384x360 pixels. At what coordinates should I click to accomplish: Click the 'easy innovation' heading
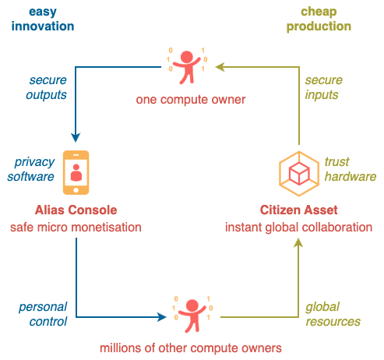pyautogui.click(x=43, y=19)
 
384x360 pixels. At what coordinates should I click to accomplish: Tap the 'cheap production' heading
pyautogui.click(x=319, y=19)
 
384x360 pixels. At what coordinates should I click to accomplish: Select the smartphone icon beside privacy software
pyautogui.click(x=76, y=172)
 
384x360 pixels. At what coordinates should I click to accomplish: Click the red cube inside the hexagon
pyautogui.click(x=299, y=174)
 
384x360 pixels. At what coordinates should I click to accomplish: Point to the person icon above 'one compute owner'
pyautogui.click(x=187, y=67)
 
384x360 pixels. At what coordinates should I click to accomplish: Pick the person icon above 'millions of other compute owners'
pyautogui.click(x=192, y=316)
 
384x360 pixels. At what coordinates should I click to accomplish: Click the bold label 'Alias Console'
pyautogui.click(x=76, y=210)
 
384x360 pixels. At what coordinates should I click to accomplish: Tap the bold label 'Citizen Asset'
pyautogui.click(x=299, y=210)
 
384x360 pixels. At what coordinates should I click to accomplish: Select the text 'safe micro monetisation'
pyautogui.click(x=76, y=228)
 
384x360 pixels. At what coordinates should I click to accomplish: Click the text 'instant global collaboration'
pyautogui.click(x=299, y=228)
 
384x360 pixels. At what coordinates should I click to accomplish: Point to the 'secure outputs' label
pyautogui.click(x=47, y=87)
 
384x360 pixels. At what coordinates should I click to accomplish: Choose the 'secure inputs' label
pyautogui.click(x=323, y=87)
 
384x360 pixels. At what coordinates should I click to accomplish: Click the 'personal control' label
pyautogui.click(x=43, y=314)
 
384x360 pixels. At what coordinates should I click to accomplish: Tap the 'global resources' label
pyautogui.click(x=333, y=314)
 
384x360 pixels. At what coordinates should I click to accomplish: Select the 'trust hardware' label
pyautogui.click(x=351, y=169)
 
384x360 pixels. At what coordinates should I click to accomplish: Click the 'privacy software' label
pyautogui.click(x=31, y=169)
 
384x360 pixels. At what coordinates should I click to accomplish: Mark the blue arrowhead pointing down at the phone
pyautogui.click(x=76, y=137)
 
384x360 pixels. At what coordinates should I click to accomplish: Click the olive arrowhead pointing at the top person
pyautogui.click(x=220, y=67)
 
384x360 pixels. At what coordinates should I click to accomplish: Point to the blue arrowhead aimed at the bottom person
pyautogui.click(x=162, y=317)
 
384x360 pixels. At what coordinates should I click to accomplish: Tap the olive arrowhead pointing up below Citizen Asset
pyautogui.click(x=298, y=243)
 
